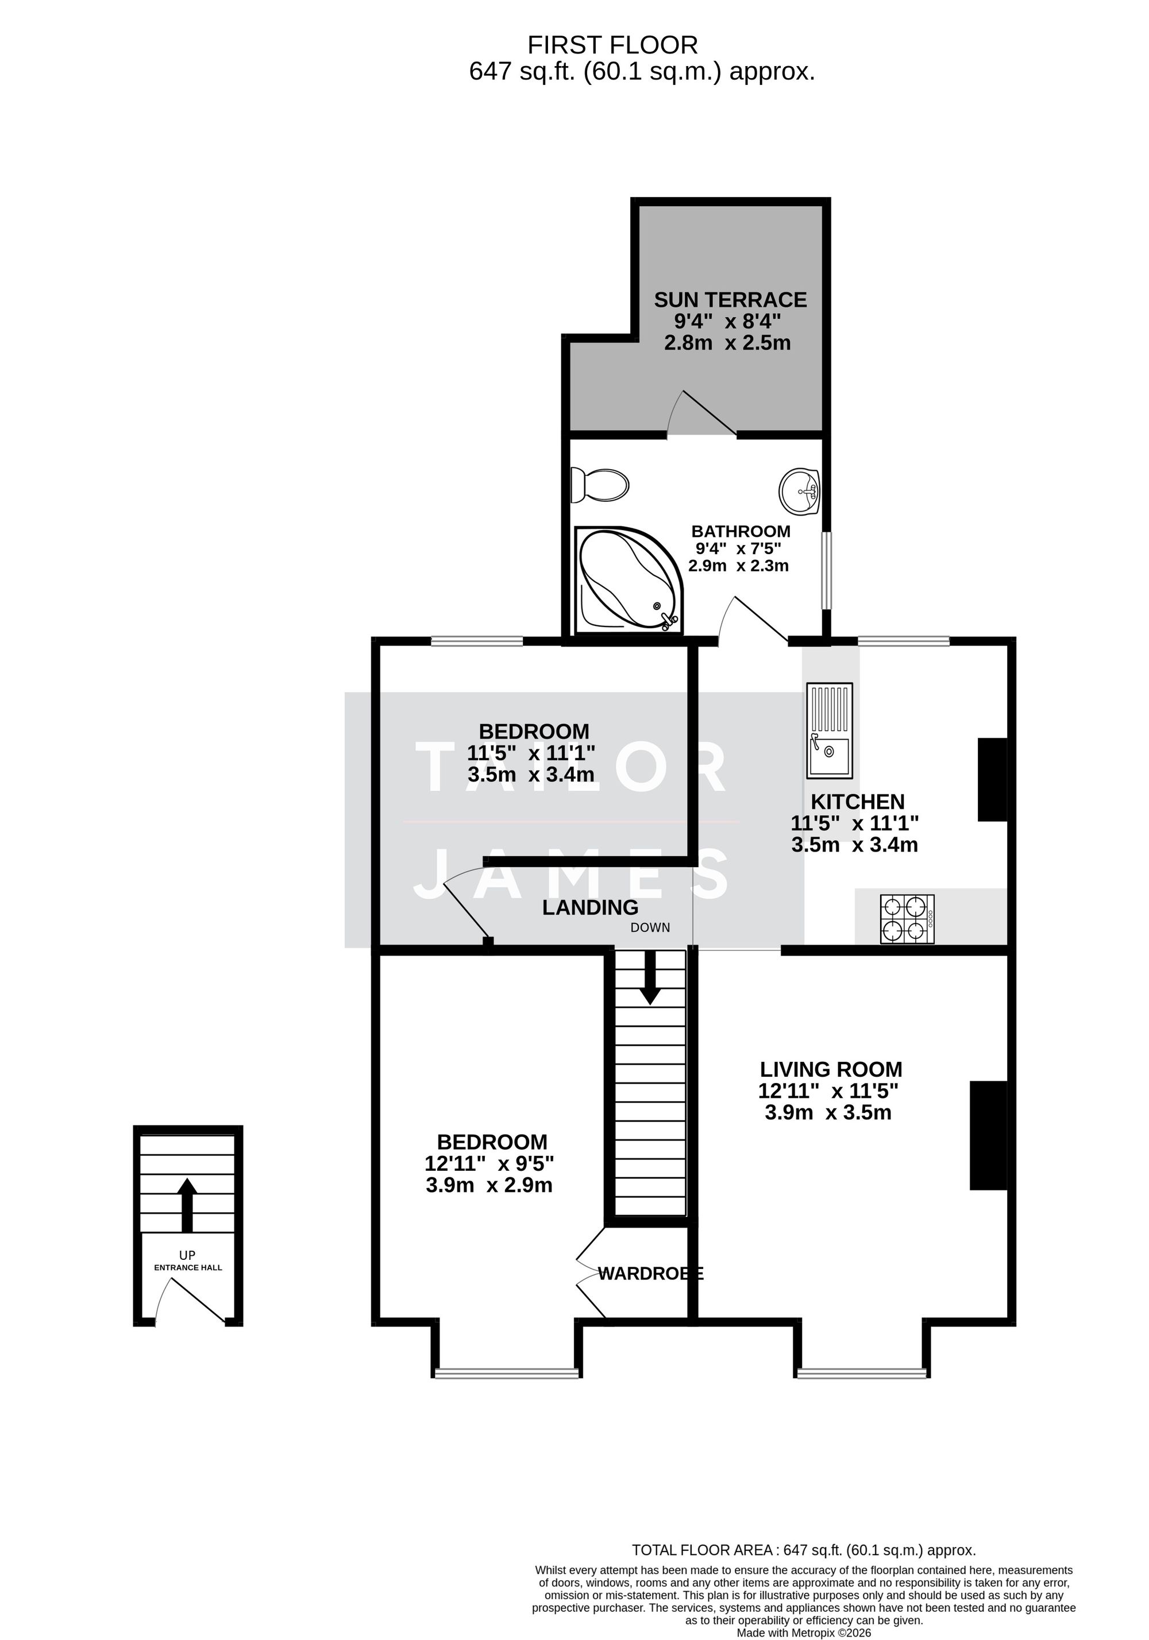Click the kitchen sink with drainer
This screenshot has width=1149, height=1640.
tap(829, 730)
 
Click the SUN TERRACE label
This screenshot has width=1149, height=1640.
tap(730, 299)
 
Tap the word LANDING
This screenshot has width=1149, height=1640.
tap(589, 907)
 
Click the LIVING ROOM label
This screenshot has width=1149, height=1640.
tap(830, 1069)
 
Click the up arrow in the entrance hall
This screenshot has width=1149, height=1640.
tap(187, 1204)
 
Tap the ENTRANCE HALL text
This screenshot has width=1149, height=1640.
tap(188, 1267)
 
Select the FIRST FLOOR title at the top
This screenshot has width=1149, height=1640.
tap(612, 45)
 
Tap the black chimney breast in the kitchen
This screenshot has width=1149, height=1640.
tap(992, 779)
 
